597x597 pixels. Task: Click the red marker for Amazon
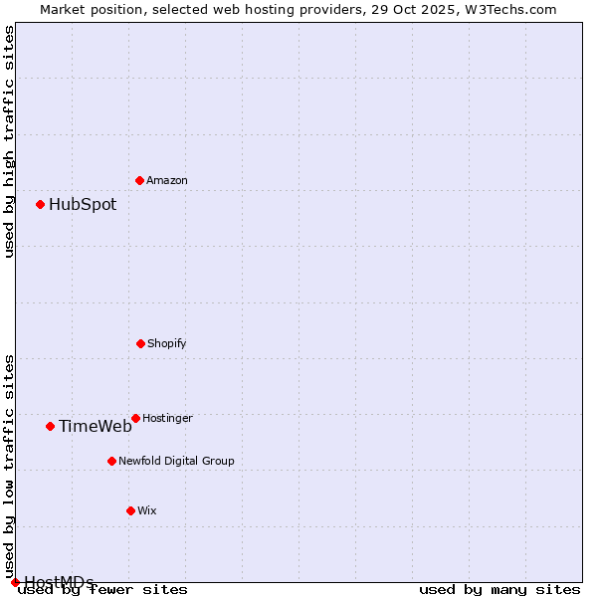pos(139,180)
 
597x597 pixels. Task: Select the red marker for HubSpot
pos(41,204)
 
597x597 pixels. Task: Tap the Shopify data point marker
pos(140,343)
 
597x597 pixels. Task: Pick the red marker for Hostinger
pos(135,418)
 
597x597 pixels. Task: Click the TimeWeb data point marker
pos(50,426)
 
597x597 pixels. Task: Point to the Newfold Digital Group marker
pos(111,461)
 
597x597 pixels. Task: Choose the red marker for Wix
pos(130,510)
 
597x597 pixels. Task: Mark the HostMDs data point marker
pos(15,582)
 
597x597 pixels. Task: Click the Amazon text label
pos(167,180)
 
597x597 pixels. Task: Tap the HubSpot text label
pos(83,205)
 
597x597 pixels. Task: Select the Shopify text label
pos(167,343)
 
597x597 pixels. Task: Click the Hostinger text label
pos(167,418)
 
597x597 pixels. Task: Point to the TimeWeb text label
pos(95,427)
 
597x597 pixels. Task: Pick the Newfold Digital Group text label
pos(176,461)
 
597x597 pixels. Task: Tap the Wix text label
pos(147,510)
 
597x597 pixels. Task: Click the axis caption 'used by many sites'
pos(499,590)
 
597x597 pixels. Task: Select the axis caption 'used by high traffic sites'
pos(9,141)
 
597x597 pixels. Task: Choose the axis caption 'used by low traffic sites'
pos(9,466)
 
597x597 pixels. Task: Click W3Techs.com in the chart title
pos(507,9)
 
